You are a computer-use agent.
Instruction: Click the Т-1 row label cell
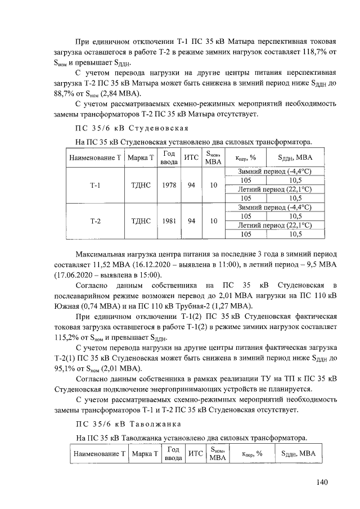coord(95,184)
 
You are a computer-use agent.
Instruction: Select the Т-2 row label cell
coord(95,221)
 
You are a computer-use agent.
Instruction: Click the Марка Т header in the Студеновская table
coord(140,158)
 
